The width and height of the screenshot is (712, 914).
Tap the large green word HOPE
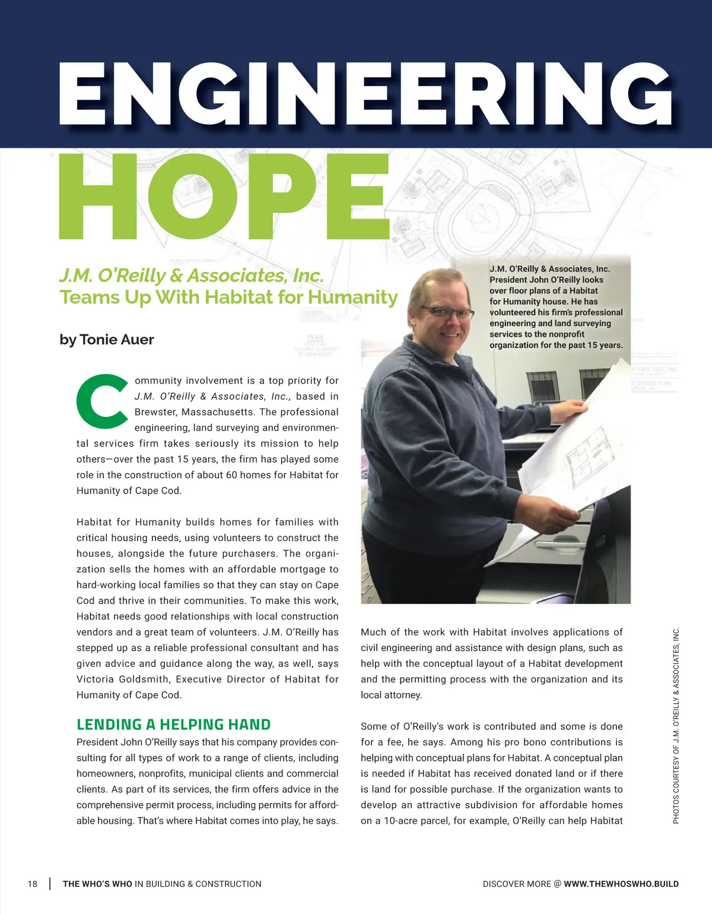[224, 197]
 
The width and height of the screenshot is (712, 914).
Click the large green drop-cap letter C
[101, 401]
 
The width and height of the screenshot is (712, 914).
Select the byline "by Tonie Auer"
[107, 340]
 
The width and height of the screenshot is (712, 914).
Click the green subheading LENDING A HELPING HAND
[173, 725]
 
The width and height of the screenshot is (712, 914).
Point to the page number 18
[33, 884]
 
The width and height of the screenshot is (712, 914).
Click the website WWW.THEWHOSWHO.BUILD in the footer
[621, 884]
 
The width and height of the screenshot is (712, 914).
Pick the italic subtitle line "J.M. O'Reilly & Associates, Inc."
[191, 276]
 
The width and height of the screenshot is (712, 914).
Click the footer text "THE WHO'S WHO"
[97, 884]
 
